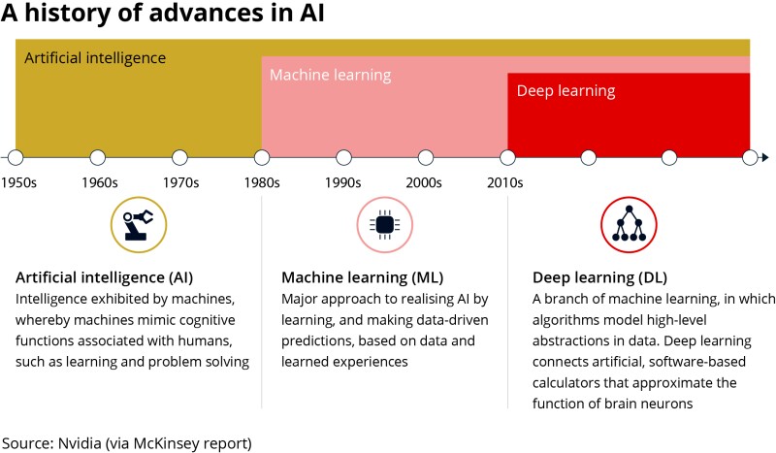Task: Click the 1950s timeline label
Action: pyautogui.click(x=19, y=182)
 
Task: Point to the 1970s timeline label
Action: pyautogui.click(x=181, y=182)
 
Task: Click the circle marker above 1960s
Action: pyautogui.click(x=97, y=157)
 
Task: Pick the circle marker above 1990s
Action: pyautogui.click(x=342, y=157)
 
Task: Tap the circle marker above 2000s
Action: pyautogui.click(x=425, y=157)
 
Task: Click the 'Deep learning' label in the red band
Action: pyautogui.click(x=566, y=91)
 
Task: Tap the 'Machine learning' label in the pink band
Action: pyautogui.click(x=330, y=75)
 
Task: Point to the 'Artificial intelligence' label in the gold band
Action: pyautogui.click(x=95, y=57)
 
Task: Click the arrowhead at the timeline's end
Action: pyautogui.click(x=765, y=157)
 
